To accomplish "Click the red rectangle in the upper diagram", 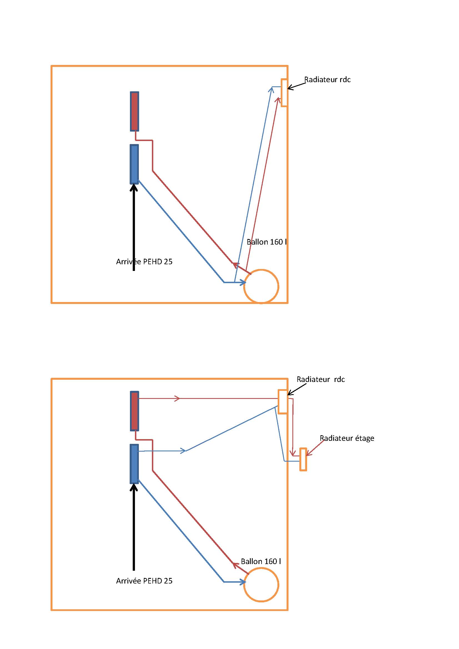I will [x=134, y=111].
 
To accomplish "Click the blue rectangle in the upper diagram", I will [x=134, y=164].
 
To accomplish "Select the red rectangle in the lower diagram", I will [x=134, y=411].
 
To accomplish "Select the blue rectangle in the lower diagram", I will [x=134, y=464].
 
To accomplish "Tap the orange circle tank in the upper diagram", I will [x=261, y=286].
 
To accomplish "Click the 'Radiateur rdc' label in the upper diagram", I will [x=327, y=80].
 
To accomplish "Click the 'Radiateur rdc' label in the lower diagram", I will [x=320, y=379].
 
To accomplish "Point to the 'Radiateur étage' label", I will [x=347, y=438].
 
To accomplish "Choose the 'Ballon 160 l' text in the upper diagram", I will [x=266, y=242].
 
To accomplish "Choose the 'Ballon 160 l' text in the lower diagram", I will [x=261, y=561].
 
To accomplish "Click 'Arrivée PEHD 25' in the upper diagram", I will [x=144, y=262].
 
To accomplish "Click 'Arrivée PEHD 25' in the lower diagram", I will [x=144, y=581].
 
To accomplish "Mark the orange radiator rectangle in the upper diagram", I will [x=284, y=93].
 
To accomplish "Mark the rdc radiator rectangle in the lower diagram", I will [x=282, y=402].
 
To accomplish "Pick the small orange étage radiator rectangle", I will [x=303, y=459].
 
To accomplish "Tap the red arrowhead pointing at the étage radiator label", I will [x=308, y=453].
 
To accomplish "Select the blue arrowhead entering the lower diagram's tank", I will [x=243, y=582].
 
